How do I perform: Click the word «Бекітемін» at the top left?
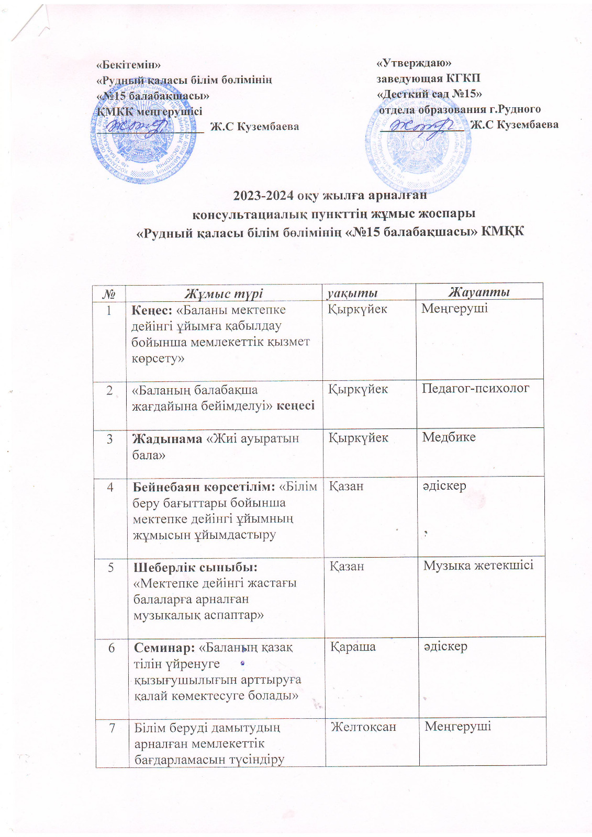(x=128, y=64)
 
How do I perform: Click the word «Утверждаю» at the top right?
(x=414, y=63)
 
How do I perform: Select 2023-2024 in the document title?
(x=264, y=196)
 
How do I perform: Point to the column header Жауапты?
(x=478, y=292)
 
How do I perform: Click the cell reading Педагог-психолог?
(x=475, y=388)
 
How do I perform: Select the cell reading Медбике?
(x=449, y=437)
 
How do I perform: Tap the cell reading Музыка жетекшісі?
(x=478, y=565)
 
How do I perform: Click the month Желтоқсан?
(x=363, y=726)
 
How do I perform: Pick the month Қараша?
(x=353, y=647)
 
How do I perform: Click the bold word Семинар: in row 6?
(x=164, y=648)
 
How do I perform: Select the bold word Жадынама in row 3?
(x=167, y=438)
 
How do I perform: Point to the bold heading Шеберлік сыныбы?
(x=195, y=567)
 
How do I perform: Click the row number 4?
(x=110, y=487)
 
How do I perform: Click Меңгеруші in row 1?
(x=454, y=309)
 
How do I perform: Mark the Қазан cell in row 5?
(x=347, y=566)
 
